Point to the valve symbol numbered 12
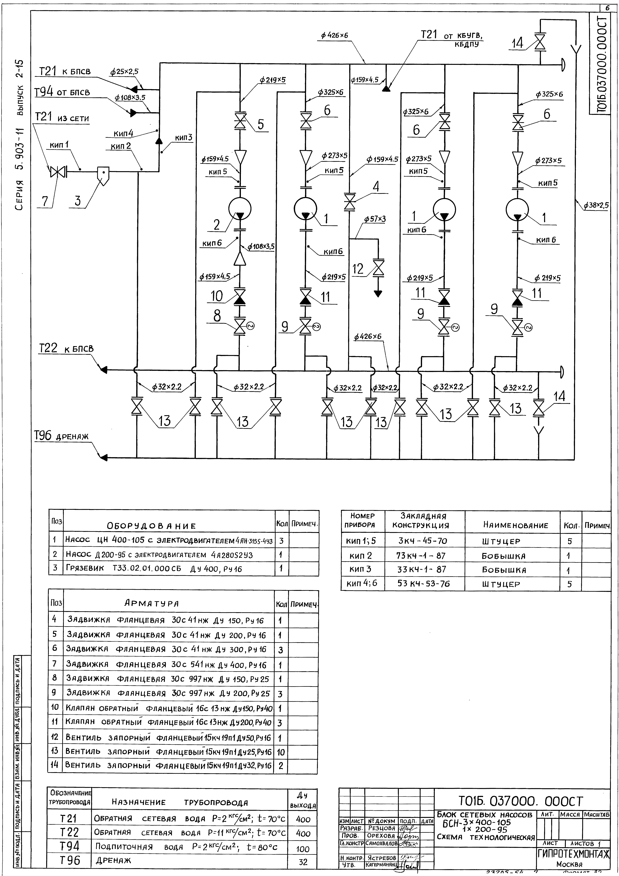point(378,267)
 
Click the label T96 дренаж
point(61,436)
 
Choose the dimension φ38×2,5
point(596,205)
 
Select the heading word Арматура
point(152,603)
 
